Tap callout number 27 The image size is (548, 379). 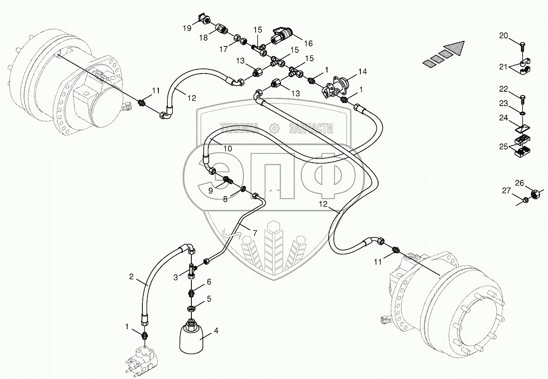[506, 191]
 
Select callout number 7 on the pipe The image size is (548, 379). [255, 232]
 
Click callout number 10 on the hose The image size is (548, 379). [228, 148]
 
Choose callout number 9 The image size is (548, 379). [210, 191]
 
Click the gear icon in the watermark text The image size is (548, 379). [275, 128]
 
